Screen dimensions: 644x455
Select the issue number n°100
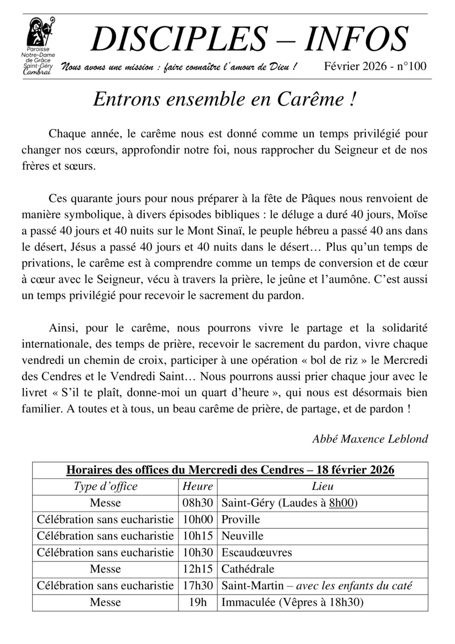tap(411, 67)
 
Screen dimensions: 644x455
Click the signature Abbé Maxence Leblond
tap(370, 438)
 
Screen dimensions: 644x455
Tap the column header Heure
tap(197, 487)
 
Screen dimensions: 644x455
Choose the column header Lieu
tap(322, 487)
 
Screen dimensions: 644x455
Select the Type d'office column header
tap(105, 487)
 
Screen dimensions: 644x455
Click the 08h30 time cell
tap(197, 503)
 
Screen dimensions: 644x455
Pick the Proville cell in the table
tap(241, 519)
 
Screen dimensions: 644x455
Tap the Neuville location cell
tap(243, 536)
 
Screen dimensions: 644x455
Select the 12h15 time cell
tap(197, 569)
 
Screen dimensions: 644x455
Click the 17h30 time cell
tap(197, 586)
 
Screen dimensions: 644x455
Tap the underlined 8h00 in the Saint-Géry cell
tap(342, 503)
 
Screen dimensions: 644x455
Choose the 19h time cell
tap(197, 602)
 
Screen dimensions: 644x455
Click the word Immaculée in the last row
tap(247, 602)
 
